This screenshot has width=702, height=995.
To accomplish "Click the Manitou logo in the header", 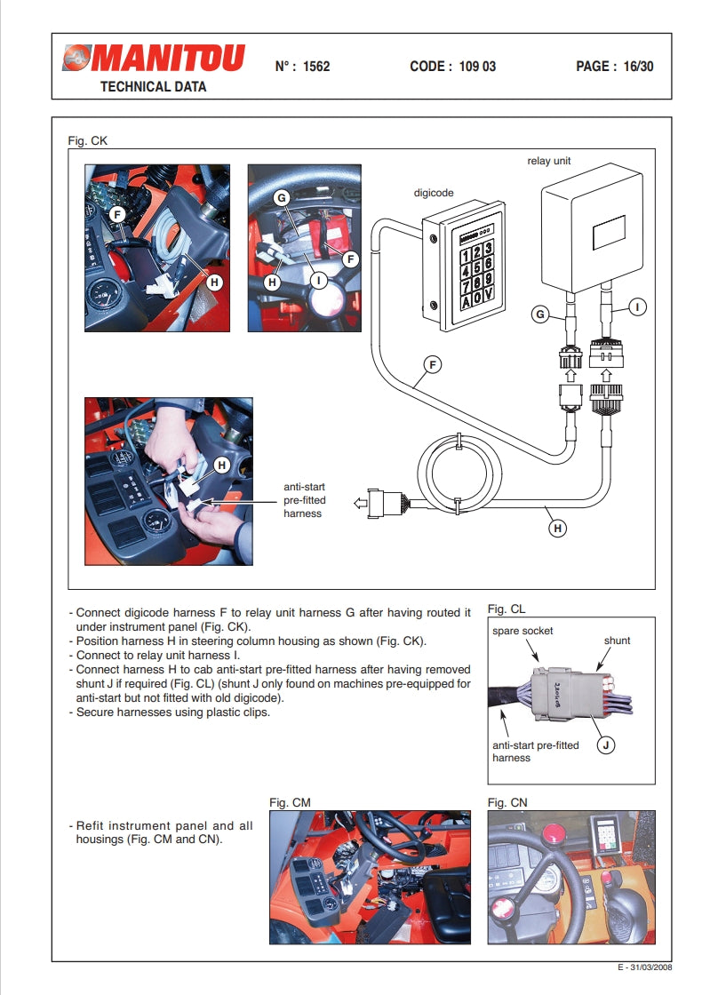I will point(153,59).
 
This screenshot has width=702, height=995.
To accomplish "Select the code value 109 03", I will point(478,66).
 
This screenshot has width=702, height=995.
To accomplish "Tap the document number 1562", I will point(316,66).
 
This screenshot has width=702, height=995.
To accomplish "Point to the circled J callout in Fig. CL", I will point(605,745).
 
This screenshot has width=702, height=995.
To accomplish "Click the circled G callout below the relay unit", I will point(538,314).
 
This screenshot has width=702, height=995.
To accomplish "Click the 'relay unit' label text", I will point(549,161).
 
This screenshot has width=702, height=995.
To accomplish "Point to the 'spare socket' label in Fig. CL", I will point(523,631).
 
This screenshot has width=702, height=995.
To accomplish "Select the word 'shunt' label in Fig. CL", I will point(617,640).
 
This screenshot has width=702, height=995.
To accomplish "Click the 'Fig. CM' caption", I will point(290,802).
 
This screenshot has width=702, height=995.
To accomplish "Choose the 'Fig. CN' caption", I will point(507,802).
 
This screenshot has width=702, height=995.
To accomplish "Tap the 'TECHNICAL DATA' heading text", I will point(153,86).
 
